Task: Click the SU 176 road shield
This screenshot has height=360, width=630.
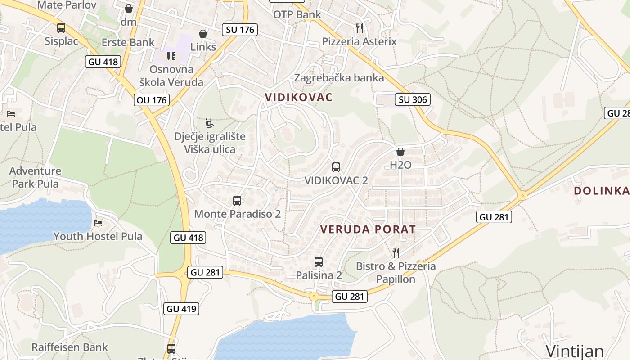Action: pyautogui.click(x=240, y=30)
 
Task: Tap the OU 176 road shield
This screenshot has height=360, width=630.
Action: pyautogui.click(x=152, y=100)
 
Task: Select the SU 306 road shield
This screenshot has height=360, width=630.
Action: pyautogui.click(x=413, y=99)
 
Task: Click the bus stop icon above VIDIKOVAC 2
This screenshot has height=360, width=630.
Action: pyautogui.click(x=336, y=167)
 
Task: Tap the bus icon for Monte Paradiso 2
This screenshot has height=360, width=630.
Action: pyautogui.click(x=237, y=201)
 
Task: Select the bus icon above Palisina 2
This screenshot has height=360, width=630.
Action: pyautogui.click(x=319, y=261)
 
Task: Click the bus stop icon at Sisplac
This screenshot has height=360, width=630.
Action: pyautogui.click(x=61, y=28)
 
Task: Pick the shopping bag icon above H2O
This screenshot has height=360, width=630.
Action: pyautogui.click(x=400, y=152)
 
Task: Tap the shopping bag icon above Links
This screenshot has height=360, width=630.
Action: pyautogui.click(x=203, y=34)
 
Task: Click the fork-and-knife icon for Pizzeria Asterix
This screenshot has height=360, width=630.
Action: pyautogui.click(x=359, y=28)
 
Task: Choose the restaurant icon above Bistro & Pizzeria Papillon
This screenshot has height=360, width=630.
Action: pyautogui.click(x=396, y=252)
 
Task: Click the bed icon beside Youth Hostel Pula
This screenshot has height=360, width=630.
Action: pyautogui.click(x=98, y=223)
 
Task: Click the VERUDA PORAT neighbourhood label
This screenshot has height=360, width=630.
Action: pyautogui.click(x=368, y=229)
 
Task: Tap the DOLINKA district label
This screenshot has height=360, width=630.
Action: pyautogui.click(x=601, y=191)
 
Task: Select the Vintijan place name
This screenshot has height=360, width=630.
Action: pyautogui.click(x=575, y=351)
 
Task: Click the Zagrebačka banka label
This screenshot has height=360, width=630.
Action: pyautogui.click(x=339, y=78)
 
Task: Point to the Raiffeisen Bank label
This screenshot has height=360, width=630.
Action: pyautogui.click(x=70, y=347)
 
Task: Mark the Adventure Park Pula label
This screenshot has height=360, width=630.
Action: pyautogui.click(x=35, y=177)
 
